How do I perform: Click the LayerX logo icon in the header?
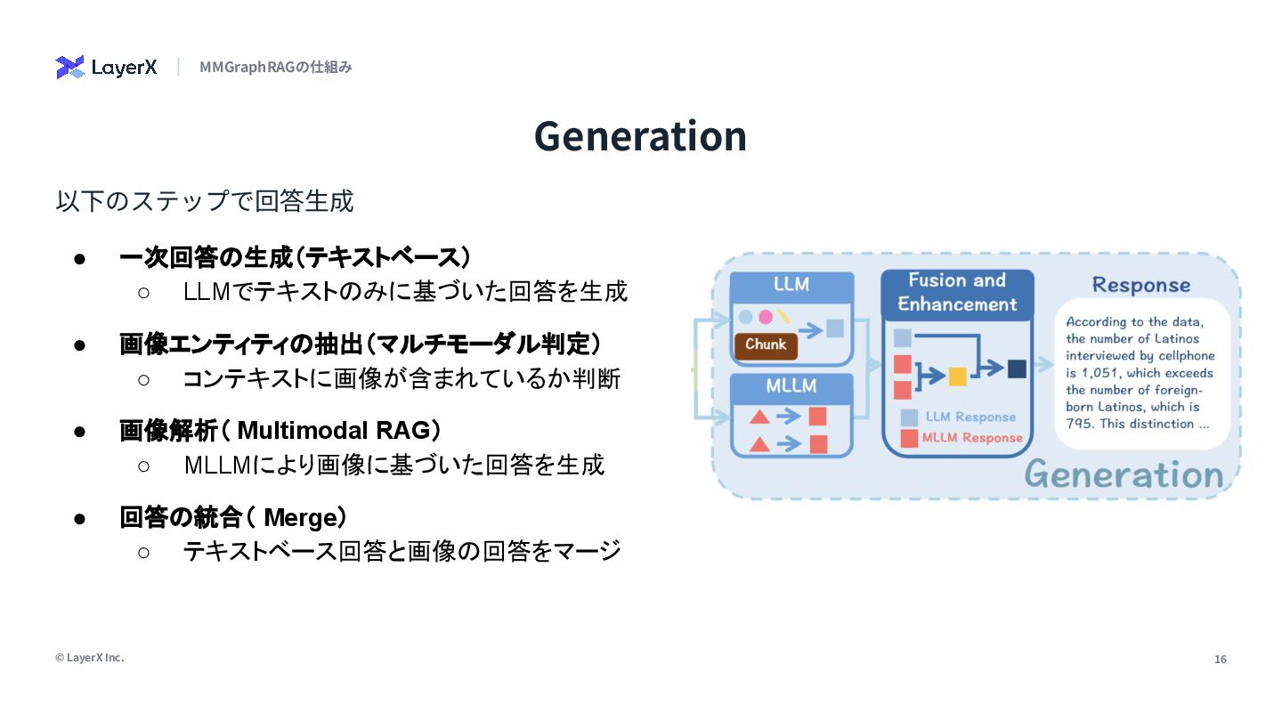[69, 68]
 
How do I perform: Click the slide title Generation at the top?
[640, 136]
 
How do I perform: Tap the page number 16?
[1220, 660]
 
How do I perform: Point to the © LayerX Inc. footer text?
[90, 658]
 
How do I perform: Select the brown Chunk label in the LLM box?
[766, 345]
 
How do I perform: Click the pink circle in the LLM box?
[765, 317]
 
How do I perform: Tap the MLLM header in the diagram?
[791, 387]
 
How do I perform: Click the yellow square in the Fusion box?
[957, 376]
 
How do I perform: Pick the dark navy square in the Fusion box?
[1017, 369]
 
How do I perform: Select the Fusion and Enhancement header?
[957, 292]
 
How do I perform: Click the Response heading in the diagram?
[1140, 285]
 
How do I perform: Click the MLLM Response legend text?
[972, 438]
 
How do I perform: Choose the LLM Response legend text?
[970, 417]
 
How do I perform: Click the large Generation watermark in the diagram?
[1124, 475]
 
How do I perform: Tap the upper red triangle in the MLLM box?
[759, 416]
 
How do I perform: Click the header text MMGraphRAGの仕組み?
[276, 68]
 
